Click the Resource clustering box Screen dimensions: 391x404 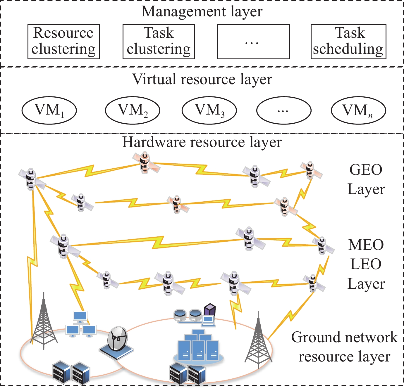[x=64, y=41]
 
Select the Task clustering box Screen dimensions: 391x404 [x=159, y=41]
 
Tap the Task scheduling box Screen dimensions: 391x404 [x=348, y=41]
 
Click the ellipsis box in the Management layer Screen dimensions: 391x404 [x=253, y=41]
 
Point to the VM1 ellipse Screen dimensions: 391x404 [x=49, y=110]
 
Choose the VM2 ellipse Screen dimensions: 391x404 [x=133, y=110]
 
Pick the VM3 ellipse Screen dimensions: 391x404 [x=209, y=110]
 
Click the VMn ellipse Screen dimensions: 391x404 [x=358, y=110]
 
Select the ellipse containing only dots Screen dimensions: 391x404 [x=284, y=110]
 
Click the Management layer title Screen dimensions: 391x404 [x=202, y=12]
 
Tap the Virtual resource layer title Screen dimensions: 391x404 [x=202, y=79]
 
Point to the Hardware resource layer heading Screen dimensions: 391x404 [x=202, y=142]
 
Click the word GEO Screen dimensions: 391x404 [x=366, y=170]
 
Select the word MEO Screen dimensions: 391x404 [x=366, y=245]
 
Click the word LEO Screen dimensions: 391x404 [x=366, y=264]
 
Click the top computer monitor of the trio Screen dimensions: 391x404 [x=80, y=316]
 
